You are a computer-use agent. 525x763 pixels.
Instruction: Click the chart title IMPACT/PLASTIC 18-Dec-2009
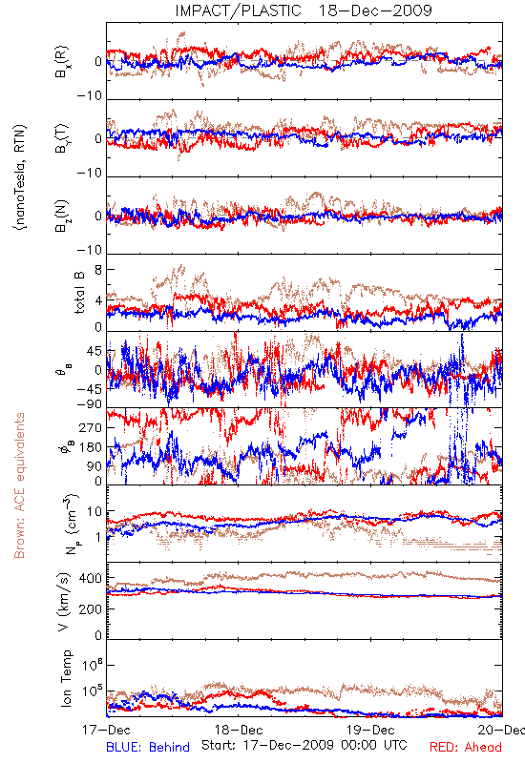pos(304,10)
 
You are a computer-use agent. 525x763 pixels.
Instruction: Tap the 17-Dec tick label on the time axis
pos(106,730)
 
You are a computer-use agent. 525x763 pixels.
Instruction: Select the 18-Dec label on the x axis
pos(239,730)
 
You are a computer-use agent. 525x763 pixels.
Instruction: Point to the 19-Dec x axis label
pos(370,730)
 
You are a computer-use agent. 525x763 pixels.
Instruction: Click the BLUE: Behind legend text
pos(148,747)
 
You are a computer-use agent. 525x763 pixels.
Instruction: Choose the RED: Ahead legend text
pos(466,747)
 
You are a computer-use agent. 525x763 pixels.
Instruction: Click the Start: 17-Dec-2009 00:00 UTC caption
pos(304,745)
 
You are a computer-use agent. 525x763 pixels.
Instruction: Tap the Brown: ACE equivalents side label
pos(19,485)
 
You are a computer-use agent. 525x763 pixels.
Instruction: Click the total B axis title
pos(79,293)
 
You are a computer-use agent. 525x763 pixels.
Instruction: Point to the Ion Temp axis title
pos(66,678)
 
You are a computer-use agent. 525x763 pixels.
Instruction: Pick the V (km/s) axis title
pos(64,602)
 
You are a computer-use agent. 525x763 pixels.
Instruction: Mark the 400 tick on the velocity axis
pos(92,578)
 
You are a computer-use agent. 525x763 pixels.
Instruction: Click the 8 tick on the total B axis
pos(99,270)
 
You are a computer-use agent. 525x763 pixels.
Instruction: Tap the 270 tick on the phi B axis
pos(92,428)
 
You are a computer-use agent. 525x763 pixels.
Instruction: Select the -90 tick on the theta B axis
pos(90,404)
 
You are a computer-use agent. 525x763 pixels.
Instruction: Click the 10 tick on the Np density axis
pos(94,512)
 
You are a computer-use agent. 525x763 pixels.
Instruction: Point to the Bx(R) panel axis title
pos(62,62)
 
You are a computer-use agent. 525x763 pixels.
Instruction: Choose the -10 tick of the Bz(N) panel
pos(90,250)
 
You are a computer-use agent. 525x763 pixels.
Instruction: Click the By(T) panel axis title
pos(62,138)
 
